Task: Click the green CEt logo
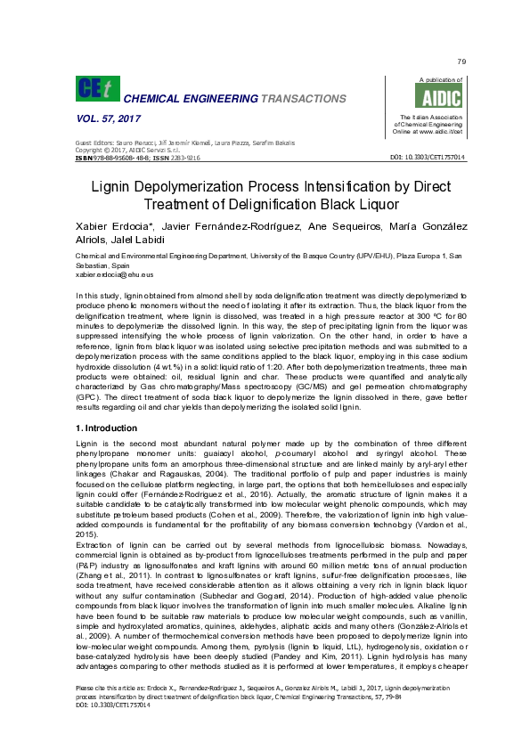coord(98,89)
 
